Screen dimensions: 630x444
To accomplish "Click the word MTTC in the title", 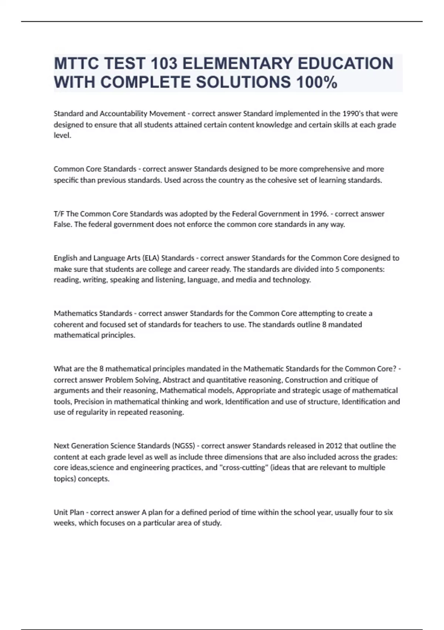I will tap(77, 63).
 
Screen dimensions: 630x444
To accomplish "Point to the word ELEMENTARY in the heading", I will tap(237, 63).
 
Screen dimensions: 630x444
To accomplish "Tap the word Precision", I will tap(91, 401).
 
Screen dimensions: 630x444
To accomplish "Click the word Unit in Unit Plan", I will tap(60, 512).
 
